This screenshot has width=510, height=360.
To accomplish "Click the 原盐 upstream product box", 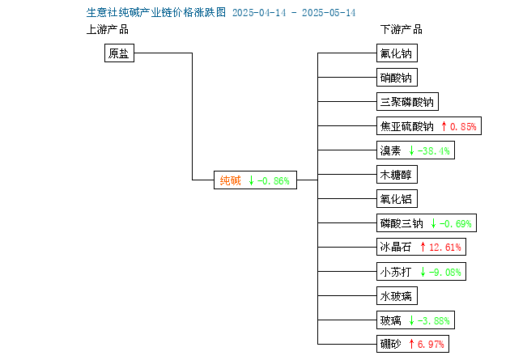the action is [119, 53].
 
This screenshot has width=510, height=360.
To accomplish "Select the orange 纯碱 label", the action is [230, 180].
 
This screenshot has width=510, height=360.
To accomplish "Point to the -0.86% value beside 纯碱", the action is [274, 180].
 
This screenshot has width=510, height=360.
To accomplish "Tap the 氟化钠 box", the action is [397, 53].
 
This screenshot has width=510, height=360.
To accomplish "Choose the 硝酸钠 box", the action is [397, 78].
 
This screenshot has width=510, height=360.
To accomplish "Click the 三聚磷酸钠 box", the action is [407, 102].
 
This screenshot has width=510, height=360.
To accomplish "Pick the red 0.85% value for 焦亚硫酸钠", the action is [463, 126].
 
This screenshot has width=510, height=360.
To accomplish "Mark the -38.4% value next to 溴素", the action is [434, 150].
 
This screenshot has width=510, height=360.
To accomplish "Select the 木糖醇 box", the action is [397, 175].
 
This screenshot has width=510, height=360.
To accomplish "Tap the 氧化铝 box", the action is [397, 199].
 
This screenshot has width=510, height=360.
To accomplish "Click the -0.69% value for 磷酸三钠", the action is [455, 223].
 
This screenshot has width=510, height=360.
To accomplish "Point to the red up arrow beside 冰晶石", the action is [423, 247].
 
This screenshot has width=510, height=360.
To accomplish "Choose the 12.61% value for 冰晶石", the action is [445, 248].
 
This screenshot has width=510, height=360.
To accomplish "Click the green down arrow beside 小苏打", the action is [423, 272].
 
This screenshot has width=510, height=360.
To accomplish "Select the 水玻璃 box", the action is [397, 295].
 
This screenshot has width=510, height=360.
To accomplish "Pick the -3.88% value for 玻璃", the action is [434, 321].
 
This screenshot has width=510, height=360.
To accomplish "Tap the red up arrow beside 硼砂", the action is [411, 344].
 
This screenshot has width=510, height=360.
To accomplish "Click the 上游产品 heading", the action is [108, 29].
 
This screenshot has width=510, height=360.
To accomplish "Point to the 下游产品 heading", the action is [402, 29].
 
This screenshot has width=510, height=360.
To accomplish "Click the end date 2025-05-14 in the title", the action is [329, 13].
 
